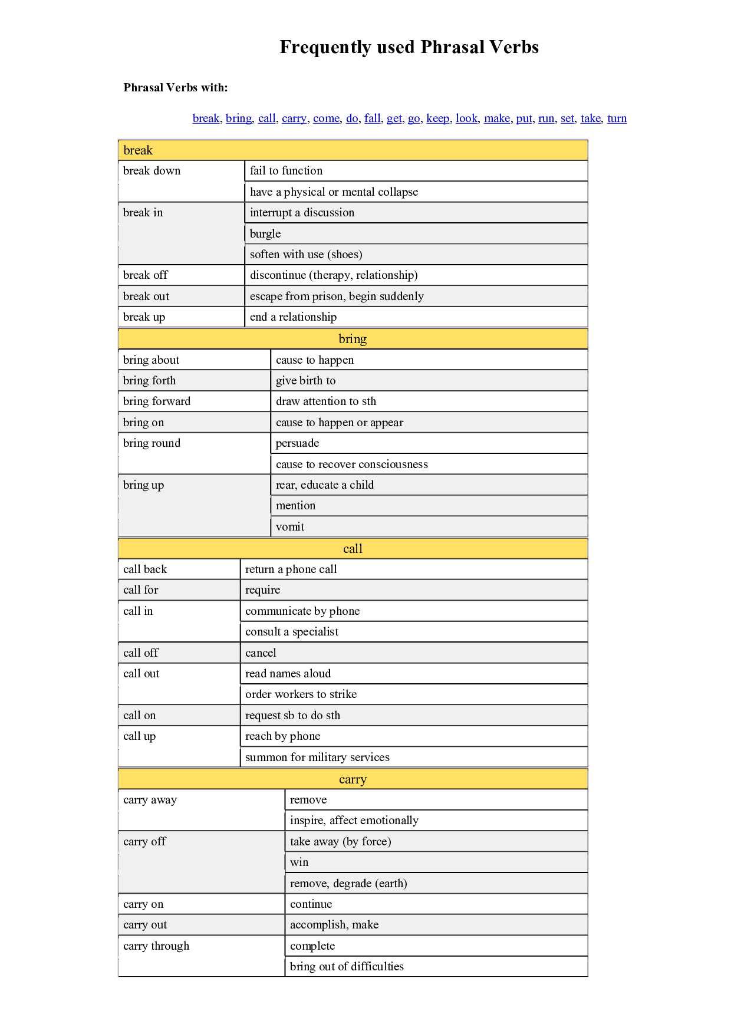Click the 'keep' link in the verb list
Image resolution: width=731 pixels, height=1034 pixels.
[x=437, y=118]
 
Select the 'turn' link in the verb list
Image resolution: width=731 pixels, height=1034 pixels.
[x=617, y=118]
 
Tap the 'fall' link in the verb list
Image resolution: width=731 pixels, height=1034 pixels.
[x=372, y=118]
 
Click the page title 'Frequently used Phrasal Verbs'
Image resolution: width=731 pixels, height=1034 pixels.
[x=409, y=47]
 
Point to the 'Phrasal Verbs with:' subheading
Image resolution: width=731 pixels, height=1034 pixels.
[x=176, y=88]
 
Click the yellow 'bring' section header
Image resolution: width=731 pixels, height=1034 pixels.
[x=353, y=339]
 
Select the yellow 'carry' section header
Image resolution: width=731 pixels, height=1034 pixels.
[x=353, y=779]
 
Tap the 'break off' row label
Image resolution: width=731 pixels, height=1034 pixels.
[x=146, y=275]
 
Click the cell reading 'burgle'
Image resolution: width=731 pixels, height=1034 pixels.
[x=265, y=234]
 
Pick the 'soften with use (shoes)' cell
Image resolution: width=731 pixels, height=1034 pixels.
[x=306, y=255]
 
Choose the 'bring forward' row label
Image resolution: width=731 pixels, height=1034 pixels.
[x=157, y=401]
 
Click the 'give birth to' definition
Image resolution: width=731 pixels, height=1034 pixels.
[x=305, y=381]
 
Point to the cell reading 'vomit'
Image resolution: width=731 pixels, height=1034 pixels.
[x=290, y=527]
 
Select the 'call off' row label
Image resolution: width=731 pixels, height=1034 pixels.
[x=141, y=653]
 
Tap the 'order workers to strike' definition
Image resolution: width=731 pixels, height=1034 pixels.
[x=301, y=694]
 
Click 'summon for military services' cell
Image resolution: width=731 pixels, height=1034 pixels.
[x=317, y=758]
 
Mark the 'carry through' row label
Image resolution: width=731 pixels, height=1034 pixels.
[x=156, y=946]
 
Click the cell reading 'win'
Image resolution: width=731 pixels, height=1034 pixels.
[x=299, y=862]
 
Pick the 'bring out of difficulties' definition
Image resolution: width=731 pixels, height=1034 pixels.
[x=347, y=967]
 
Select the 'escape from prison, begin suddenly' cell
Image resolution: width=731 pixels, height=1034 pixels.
[x=337, y=297]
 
